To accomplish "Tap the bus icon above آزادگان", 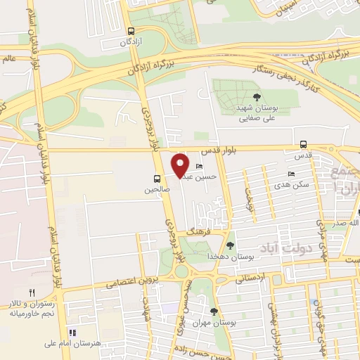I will pos(131,31).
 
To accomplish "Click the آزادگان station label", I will pos(131,43).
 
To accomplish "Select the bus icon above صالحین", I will pos(157,179).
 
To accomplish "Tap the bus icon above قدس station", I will pos(303,145).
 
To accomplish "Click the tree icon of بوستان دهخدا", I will pos(230,245).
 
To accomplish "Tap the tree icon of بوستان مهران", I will pos(214,311).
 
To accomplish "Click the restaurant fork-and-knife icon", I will pos(32,292).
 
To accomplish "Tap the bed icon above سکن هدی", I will pos(291,174).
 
